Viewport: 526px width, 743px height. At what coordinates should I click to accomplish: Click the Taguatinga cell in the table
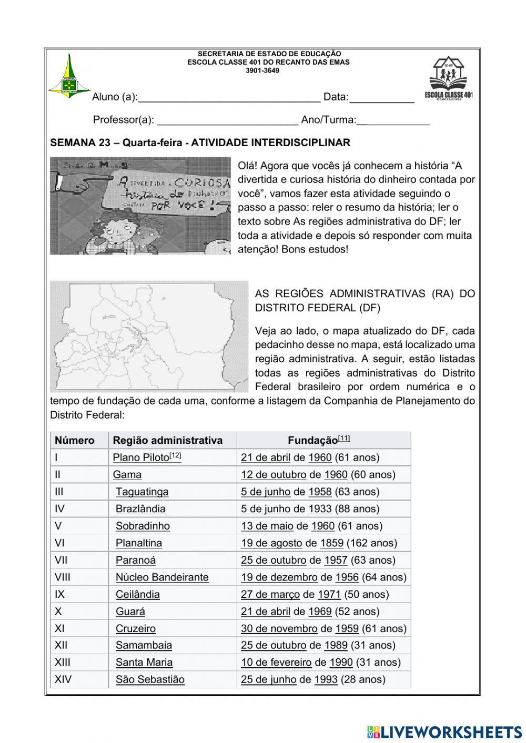click(x=142, y=492)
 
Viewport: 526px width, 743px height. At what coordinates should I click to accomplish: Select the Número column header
click(x=75, y=440)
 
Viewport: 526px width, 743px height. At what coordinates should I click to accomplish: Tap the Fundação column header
click(x=312, y=440)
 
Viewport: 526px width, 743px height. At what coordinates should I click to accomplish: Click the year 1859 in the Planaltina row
click(x=331, y=543)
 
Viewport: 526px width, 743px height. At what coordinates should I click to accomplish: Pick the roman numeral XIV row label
click(x=63, y=679)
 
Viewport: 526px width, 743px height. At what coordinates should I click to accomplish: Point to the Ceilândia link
click(x=138, y=594)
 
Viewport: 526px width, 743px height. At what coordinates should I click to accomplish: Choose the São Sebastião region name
click(x=150, y=679)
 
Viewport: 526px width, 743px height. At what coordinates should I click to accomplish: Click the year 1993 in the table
click(x=326, y=679)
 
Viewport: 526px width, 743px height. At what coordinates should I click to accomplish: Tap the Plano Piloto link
click(x=141, y=457)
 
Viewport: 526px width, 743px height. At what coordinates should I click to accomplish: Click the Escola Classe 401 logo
click(x=448, y=79)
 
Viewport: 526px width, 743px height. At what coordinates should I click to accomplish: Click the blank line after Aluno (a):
click(x=229, y=97)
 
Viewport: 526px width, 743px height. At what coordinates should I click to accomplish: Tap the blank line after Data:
click(x=381, y=97)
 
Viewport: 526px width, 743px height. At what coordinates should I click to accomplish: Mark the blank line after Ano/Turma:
click(x=393, y=120)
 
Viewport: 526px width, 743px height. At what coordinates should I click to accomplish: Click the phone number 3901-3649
click(x=262, y=70)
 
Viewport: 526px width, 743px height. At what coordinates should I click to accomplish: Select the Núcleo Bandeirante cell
click(x=162, y=577)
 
